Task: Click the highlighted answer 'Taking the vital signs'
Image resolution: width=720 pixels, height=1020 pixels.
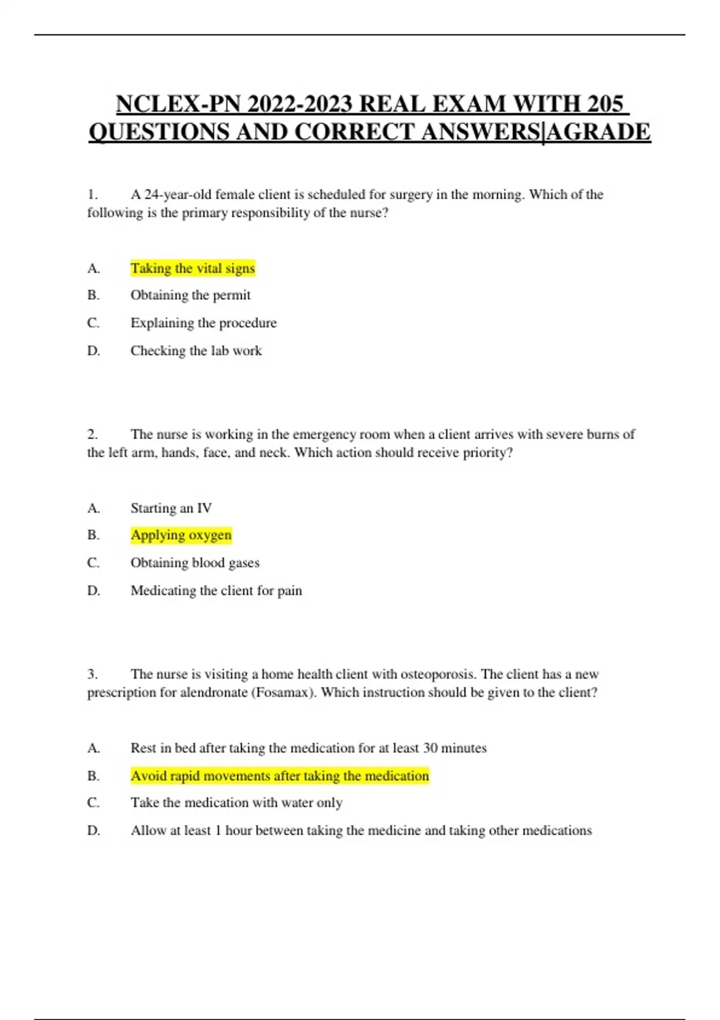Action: (193, 268)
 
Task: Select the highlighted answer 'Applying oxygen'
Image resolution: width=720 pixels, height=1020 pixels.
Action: (181, 535)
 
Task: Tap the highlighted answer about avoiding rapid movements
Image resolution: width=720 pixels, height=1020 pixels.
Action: (280, 776)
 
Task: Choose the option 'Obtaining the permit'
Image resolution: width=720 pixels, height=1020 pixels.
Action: (190, 295)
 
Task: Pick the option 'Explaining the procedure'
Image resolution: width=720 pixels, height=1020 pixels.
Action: (203, 323)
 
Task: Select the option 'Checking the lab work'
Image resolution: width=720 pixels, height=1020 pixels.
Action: (196, 350)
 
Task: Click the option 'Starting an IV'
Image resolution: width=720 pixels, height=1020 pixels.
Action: (171, 508)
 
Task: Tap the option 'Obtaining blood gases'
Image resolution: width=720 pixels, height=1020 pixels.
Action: (195, 563)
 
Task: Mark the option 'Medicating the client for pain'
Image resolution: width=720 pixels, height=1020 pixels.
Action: (216, 590)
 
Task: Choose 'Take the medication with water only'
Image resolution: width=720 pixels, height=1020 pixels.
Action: (236, 803)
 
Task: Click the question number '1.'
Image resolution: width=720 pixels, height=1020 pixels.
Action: (92, 194)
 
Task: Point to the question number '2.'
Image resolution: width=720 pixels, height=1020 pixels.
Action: (92, 434)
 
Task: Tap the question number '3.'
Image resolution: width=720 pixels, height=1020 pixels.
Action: (92, 674)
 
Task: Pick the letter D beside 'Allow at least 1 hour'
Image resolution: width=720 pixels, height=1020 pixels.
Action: (94, 830)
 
